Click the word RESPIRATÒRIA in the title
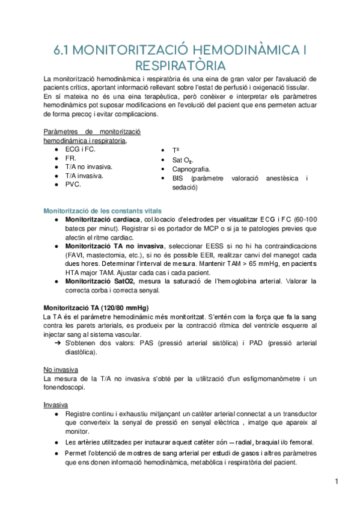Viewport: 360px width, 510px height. click(180, 64)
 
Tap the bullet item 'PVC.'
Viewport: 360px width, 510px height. click(73, 185)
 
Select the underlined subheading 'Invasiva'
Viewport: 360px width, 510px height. click(56, 405)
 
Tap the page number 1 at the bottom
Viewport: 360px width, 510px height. click(338, 481)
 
